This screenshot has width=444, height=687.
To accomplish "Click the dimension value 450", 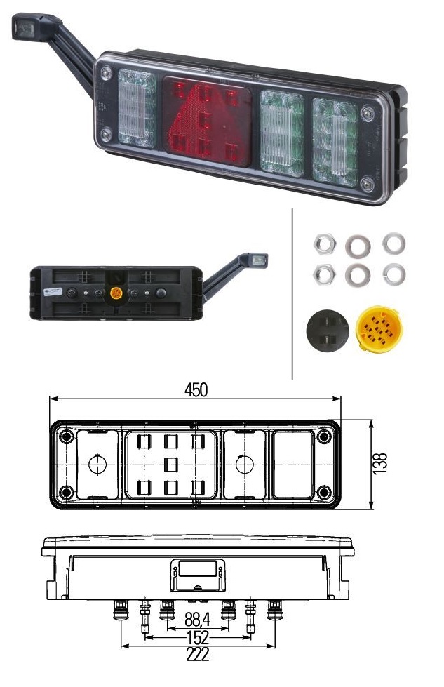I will [196, 390].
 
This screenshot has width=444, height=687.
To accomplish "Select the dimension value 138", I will [379, 465].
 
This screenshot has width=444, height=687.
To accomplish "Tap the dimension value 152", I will [196, 638].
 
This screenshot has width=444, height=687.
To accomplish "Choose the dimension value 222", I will [197, 655].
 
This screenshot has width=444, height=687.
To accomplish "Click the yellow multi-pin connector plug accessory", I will [379, 328].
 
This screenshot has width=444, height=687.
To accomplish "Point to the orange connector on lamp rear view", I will [116, 293].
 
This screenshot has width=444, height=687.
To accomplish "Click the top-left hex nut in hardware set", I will [323, 244].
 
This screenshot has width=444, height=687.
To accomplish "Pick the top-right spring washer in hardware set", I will [393, 244].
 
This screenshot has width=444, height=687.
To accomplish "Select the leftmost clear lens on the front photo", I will [137, 108].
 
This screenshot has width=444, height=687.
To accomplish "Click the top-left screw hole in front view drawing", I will [67, 438].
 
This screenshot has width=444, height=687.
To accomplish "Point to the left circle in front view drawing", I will [96, 465].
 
